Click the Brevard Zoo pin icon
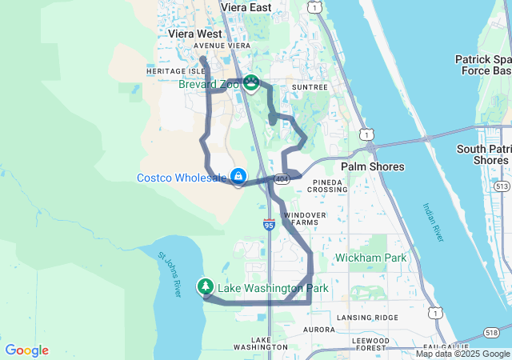(x=251, y=82)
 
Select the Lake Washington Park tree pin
(x=206, y=286)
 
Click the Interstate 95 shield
(x=269, y=226)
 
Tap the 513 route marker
(x=501, y=186)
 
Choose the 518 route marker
(x=491, y=332)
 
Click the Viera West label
(x=195, y=34)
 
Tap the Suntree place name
(x=310, y=86)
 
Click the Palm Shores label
(x=373, y=166)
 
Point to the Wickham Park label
(x=370, y=258)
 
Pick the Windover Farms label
(x=305, y=218)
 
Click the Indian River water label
(x=432, y=223)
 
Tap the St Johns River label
(x=171, y=276)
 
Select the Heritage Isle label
(x=170, y=70)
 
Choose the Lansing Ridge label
(x=367, y=318)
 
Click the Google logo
(x=26, y=350)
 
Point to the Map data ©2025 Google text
(x=462, y=354)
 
